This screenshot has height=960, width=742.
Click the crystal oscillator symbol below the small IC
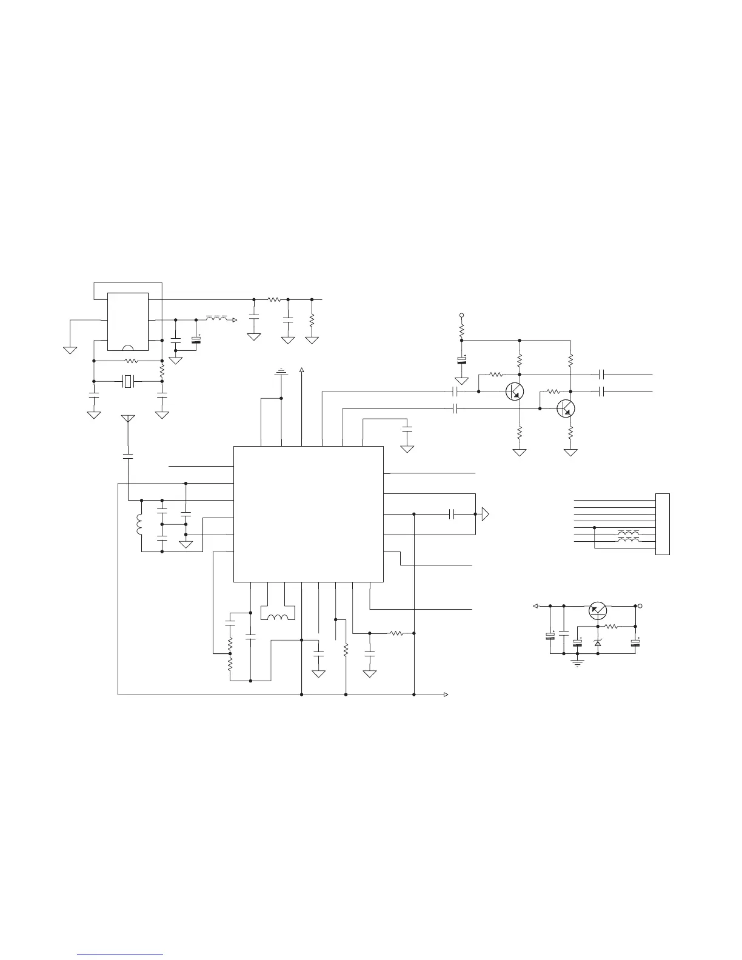pyautogui.click(x=127, y=381)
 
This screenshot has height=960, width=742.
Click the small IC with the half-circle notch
pyautogui.click(x=128, y=322)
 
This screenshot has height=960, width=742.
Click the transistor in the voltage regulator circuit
pyautogui.click(x=598, y=611)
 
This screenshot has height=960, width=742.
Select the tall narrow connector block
pyautogui.click(x=663, y=524)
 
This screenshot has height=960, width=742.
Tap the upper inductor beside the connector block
pyautogui.click(x=629, y=533)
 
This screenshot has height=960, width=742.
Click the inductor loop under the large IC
pyautogui.click(x=278, y=618)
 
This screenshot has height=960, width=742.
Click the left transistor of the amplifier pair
pyautogui.click(x=514, y=392)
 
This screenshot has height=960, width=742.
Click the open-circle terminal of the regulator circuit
pyautogui.click(x=640, y=605)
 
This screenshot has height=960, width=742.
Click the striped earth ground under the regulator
pyautogui.click(x=578, y=664)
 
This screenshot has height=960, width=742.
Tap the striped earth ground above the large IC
pyautogui.click(x=281, y=371)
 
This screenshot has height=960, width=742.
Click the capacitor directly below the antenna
pyautogui.click(x=128, y=454)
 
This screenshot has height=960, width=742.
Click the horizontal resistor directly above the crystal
pyautogui.click(x=130, y=361)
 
